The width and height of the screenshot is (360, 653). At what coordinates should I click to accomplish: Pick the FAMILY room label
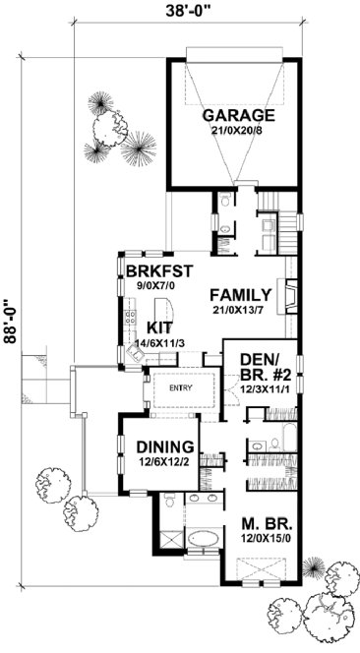pyautogui.click(x=241, y=293)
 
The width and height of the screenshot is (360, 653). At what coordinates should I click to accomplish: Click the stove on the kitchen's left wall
pyautogui.click(x=128, y=318)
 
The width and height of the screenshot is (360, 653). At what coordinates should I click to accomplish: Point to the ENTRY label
pyautogui.click(x=180, y=387)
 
